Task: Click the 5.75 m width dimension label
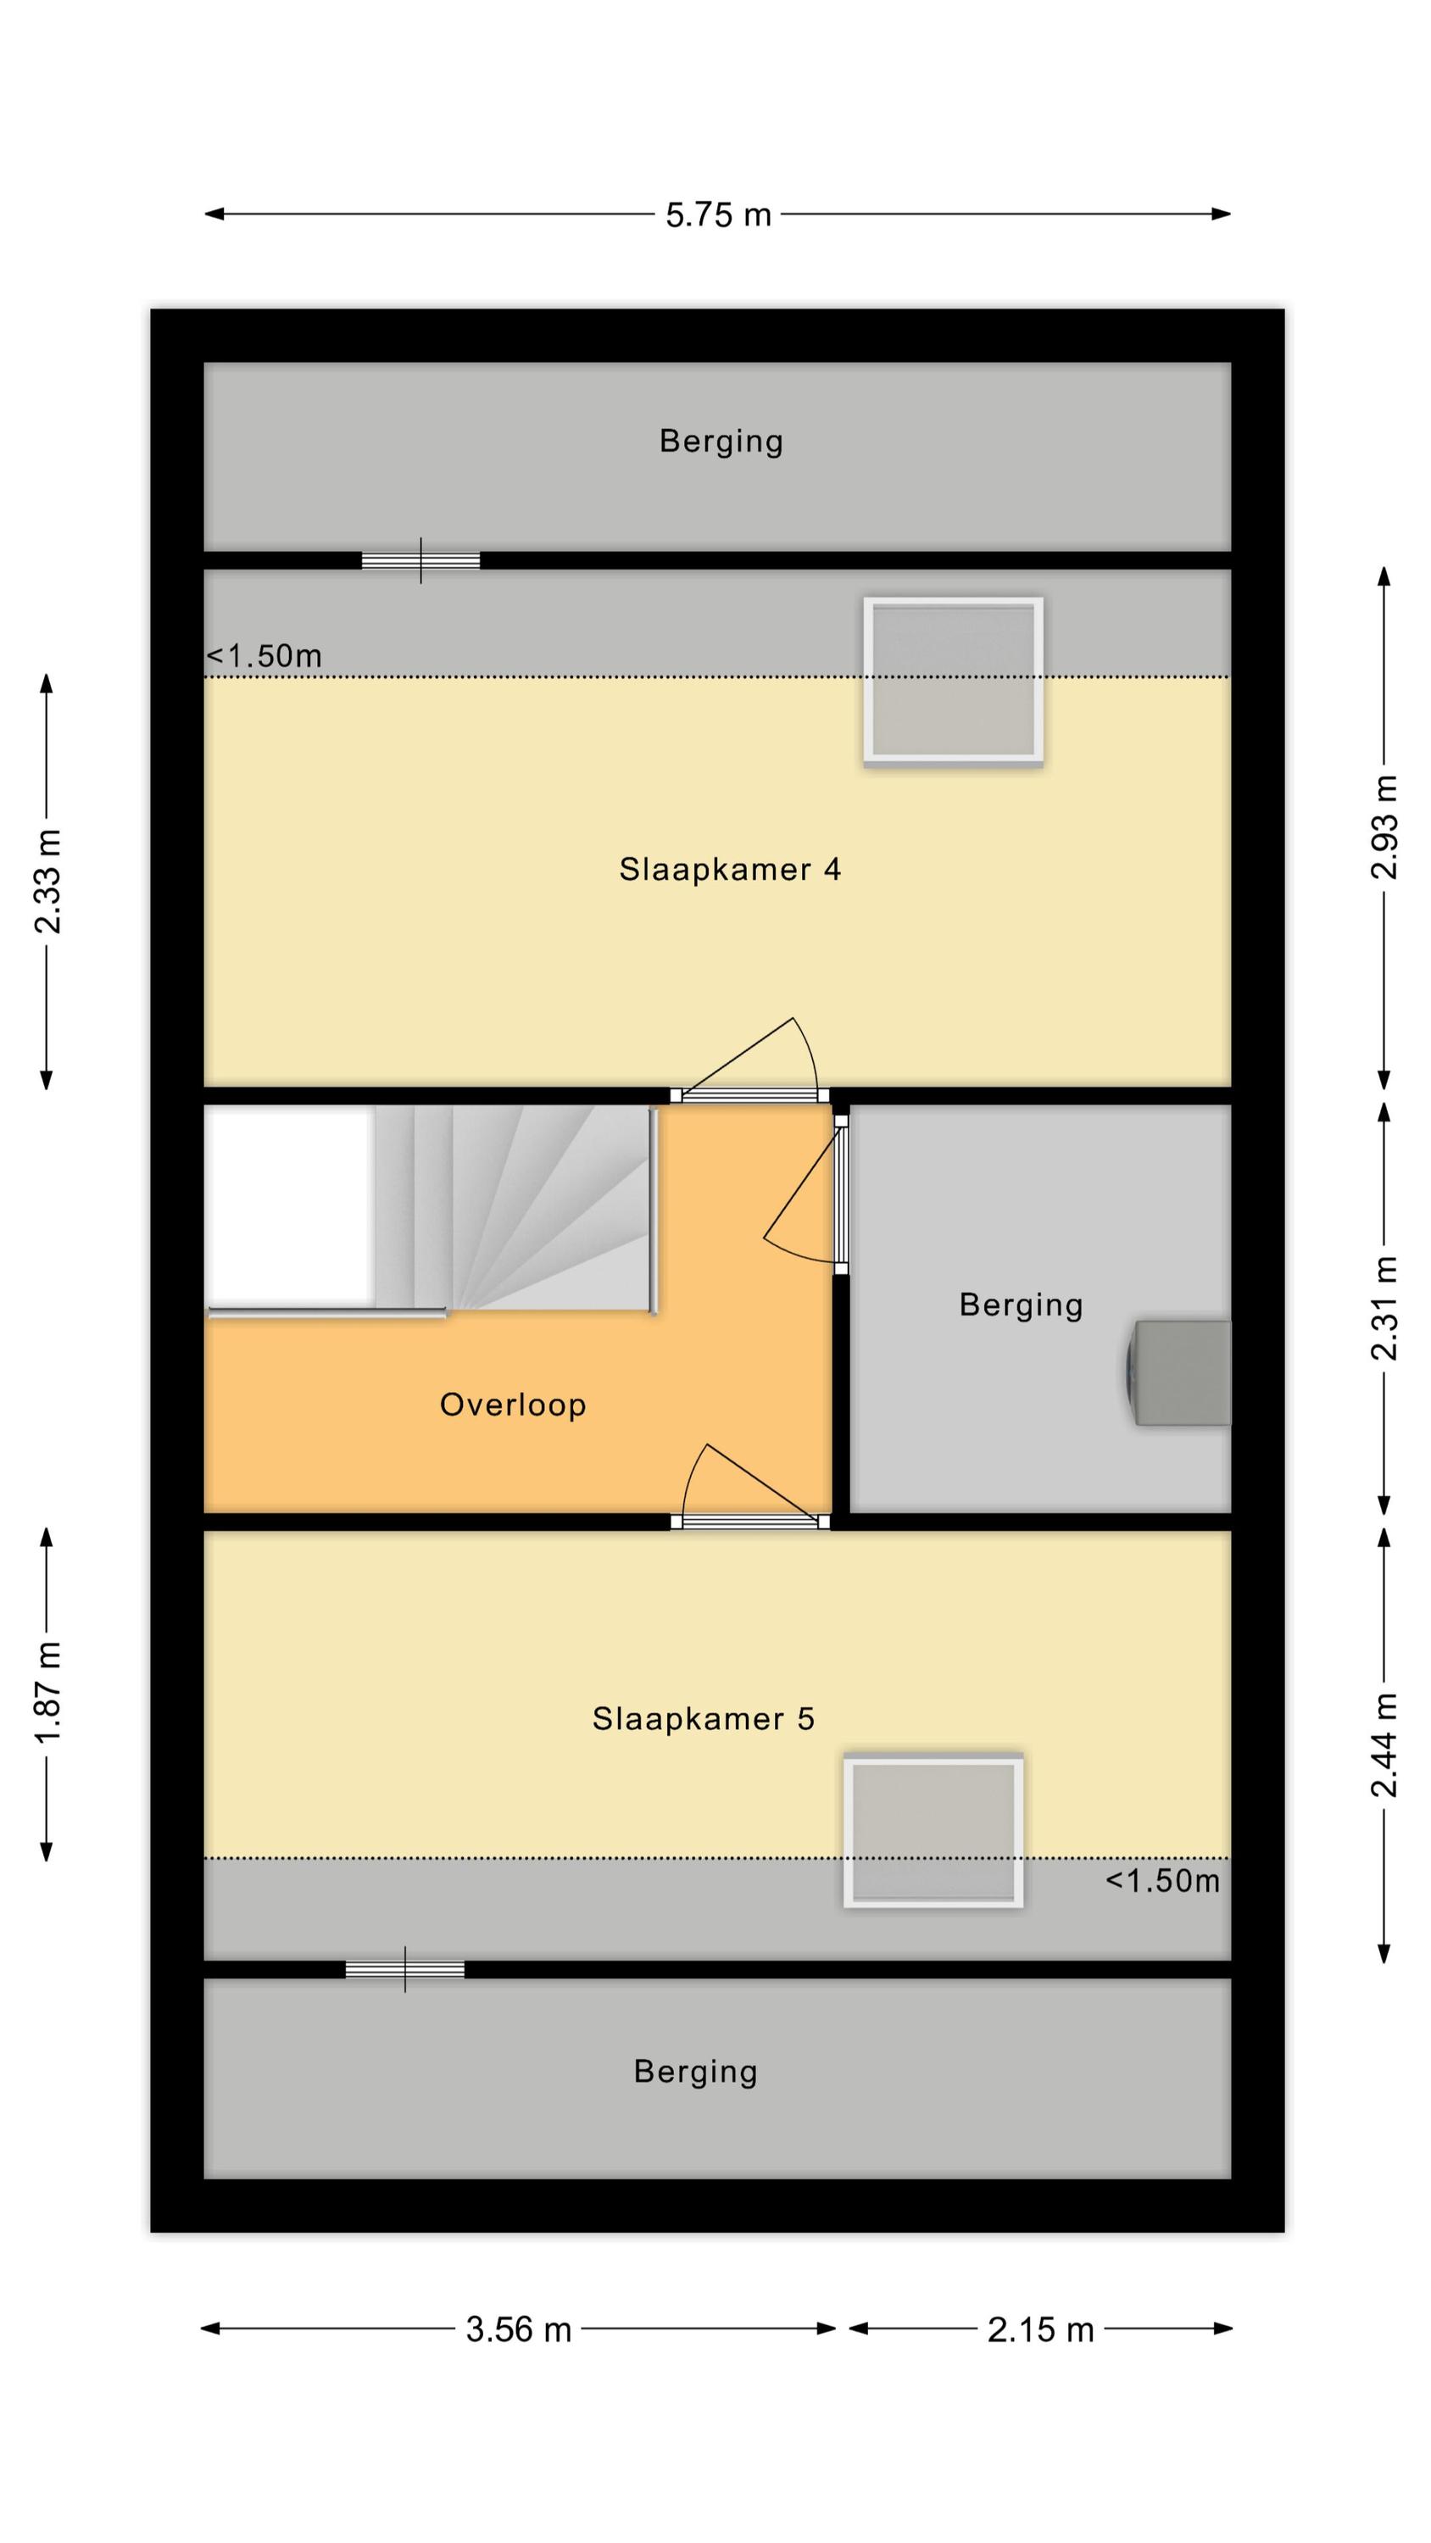click(x=718, y=214)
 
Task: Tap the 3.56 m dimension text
click(x=519, y=2329)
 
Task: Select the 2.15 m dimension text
click(x=1041, y=2329)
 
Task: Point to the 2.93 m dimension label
click(x=1384, y=826)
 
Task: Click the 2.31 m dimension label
click(x=1384, y=1308)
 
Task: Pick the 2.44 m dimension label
click(x=1384, y=1744)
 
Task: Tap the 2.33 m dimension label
click(x=47, y=882)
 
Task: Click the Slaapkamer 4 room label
click(x=730, y=869)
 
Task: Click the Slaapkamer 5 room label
click(x=703, y=1719)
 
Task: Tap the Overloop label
click(x=513, y=1405)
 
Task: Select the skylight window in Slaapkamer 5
click(x=933, y=1831)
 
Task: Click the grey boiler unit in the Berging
click(x=1179, y=1372)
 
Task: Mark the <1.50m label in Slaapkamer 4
click(x=264, y=655)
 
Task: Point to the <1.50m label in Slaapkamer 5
click(x=1162, y=1881)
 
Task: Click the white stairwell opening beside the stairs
click(x=288, y=1205)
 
